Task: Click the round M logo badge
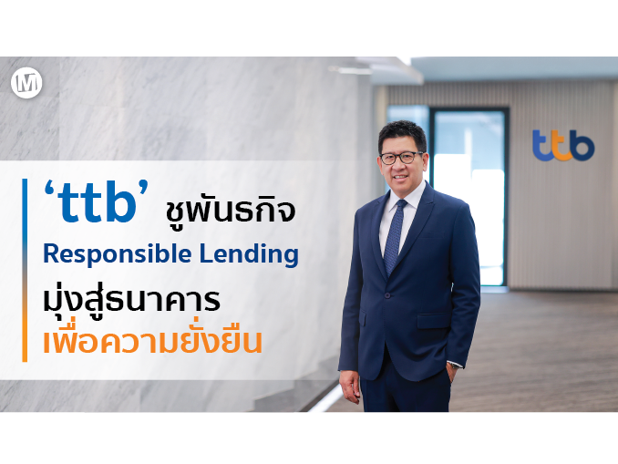26,83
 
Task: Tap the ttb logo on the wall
562,146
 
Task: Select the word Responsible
117,254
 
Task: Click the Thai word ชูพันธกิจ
231,211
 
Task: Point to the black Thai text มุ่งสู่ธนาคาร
131,301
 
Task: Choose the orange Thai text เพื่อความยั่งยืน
152,340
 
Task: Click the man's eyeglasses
401,158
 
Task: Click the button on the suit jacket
388,295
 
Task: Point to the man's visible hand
349,387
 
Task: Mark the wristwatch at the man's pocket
455,366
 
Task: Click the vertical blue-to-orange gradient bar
25,270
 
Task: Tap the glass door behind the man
469,196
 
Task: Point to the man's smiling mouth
400,177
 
